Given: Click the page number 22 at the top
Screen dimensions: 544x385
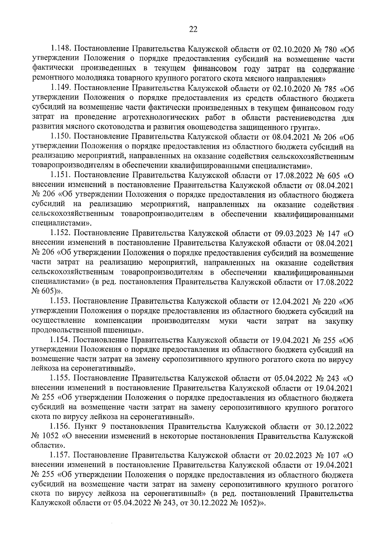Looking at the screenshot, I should [x=193, y=29].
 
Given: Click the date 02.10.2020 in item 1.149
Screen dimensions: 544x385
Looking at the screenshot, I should [x=292, y=88].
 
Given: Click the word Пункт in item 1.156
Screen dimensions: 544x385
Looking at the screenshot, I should [x=87, y=427].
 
